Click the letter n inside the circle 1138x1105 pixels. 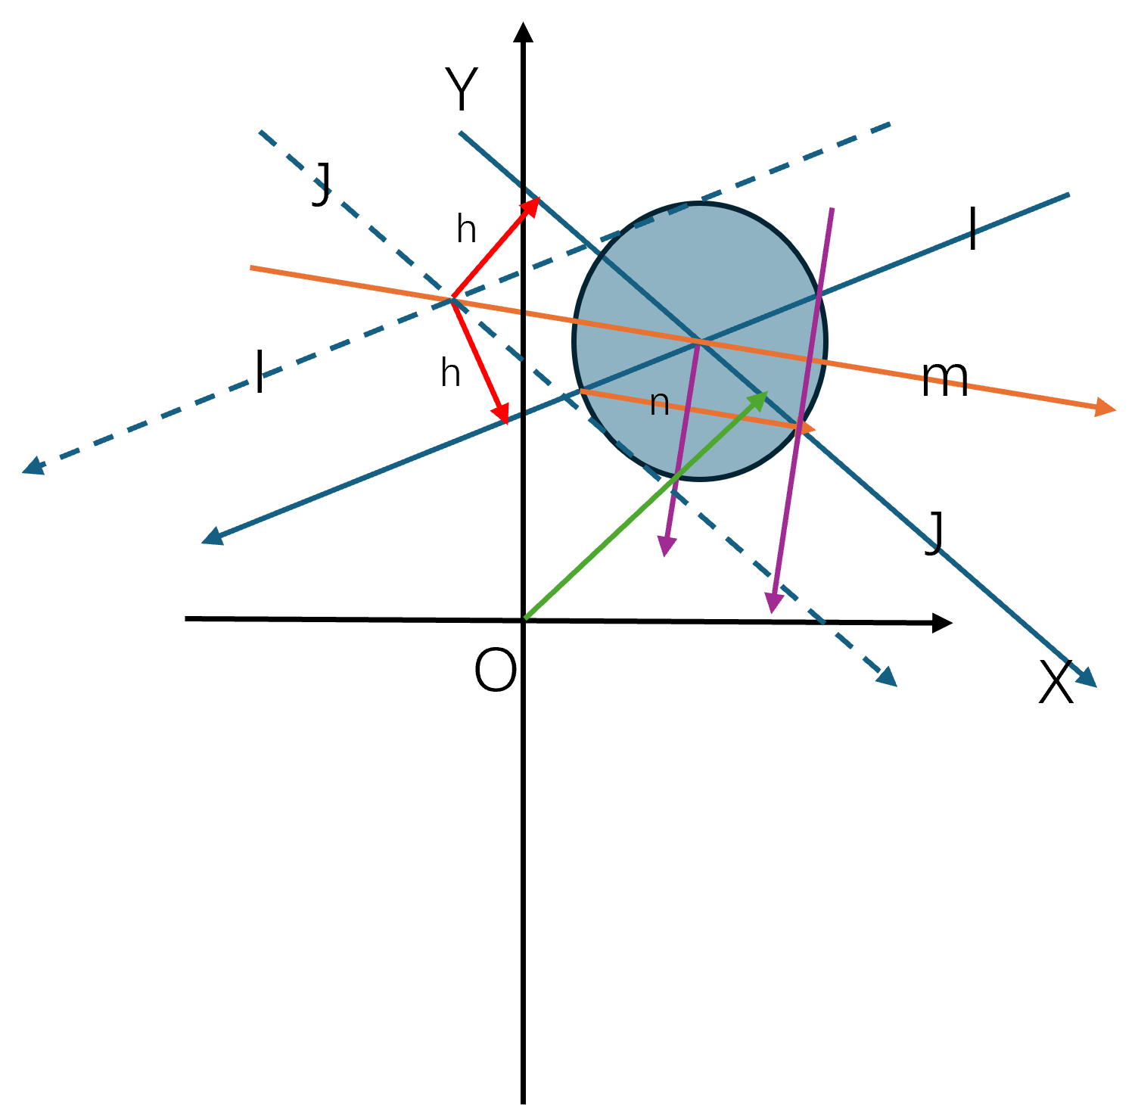tap(659, 403)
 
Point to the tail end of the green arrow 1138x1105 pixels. tap(526, 618)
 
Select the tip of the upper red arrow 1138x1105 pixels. tap(535, 202)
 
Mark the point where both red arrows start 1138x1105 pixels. tap(452, 299)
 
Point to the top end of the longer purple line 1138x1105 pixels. tap(832, 208)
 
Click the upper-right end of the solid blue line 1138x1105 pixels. tap(1069, 195)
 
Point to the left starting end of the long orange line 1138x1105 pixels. tap(251, 267)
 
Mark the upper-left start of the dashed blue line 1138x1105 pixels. tap(260, 132)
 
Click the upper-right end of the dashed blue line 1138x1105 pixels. tap(891, 123)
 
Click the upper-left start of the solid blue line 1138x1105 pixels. tap(460, 132)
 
